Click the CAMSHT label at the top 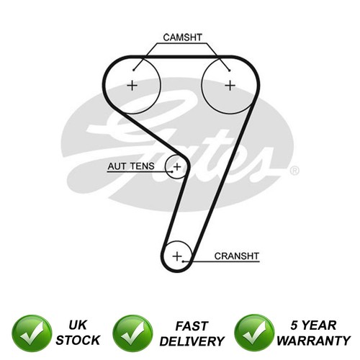pos(183,37)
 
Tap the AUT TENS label pos(131,166)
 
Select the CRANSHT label pos(237,256)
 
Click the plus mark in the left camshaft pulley pos(132,86)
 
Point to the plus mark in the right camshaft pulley pos(230,86)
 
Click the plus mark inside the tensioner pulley pos(177,166)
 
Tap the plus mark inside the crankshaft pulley pos(177,256)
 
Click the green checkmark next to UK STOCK pos(32,333)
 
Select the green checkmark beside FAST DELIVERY pos(132,333)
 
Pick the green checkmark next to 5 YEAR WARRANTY pos(254,333)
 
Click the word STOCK pos(78,341)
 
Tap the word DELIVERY pos(192,341)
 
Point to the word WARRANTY pos(314,341)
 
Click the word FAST pos(192,326)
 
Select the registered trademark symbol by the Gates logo pos(294,171)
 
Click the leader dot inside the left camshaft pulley pos(134,70)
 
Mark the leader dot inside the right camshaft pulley pos(230,71)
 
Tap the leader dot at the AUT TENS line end pos(172,171)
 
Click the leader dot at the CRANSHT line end pos(183,261)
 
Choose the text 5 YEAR pos(313,325)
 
